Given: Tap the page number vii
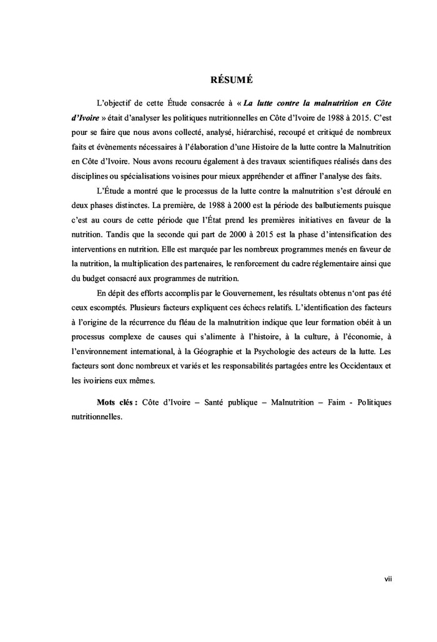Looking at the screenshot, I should [388, 580].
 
